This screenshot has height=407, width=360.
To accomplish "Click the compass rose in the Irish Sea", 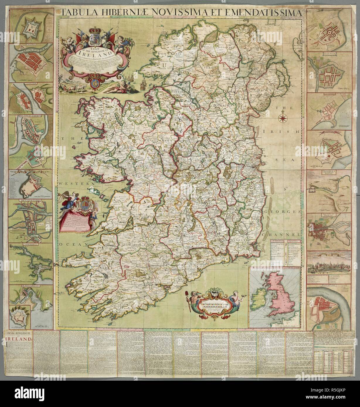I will click(x=283, y=118).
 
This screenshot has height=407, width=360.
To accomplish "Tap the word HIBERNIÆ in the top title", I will click(x=129, y=13).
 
